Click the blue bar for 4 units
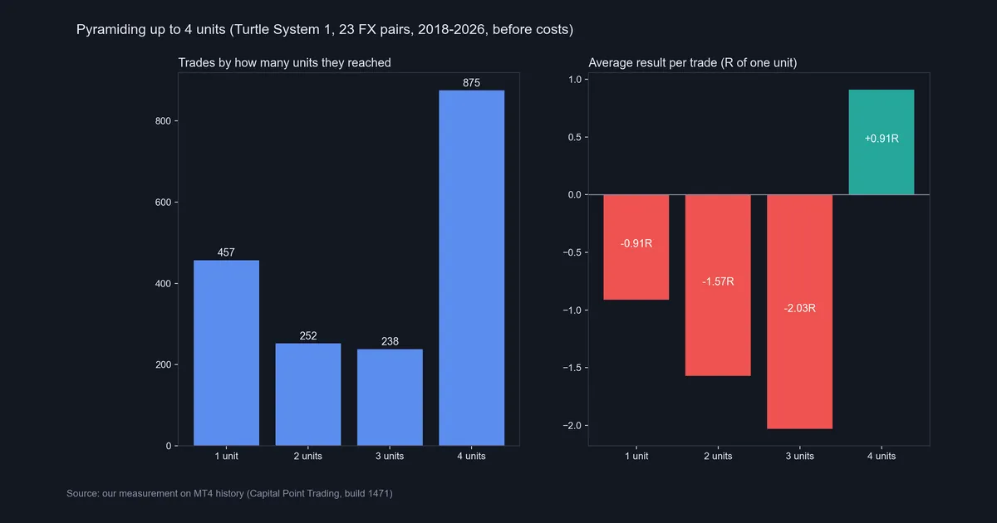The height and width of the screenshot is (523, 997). coord(471,267)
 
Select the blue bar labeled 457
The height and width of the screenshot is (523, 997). coord(226,353)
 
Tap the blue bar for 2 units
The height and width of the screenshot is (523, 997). coord(308,394)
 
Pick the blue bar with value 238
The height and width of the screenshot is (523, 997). coord(390,397)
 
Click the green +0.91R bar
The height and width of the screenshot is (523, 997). coord(882,142)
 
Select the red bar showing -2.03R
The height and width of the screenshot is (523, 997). coord(799,312)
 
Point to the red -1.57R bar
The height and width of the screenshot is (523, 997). coord(718,285)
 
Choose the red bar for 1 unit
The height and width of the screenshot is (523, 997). coord(636,247)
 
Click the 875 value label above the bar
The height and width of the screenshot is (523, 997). coord(471,83)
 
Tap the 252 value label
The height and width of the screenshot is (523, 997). coord(308,335)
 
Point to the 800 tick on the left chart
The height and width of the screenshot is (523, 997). coord(163,121)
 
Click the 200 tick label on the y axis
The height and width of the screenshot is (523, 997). coord(163,364)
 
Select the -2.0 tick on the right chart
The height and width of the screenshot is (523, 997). coord(572,426)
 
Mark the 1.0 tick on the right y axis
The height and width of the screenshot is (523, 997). coord(575,80)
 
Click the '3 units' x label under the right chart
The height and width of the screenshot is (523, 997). coord(799,456)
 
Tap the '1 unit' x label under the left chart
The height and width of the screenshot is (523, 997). coord(226,456)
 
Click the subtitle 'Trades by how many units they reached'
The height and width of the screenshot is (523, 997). coord(284,63)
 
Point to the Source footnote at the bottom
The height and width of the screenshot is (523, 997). coord(229,493)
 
